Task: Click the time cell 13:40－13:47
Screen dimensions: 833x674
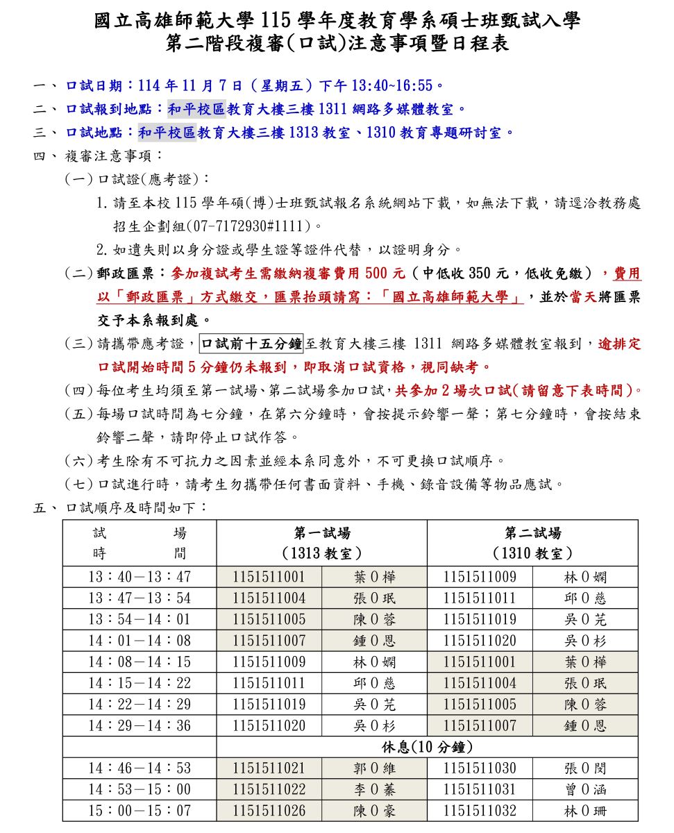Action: point(139,577)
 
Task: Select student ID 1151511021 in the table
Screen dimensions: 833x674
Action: point(269,768)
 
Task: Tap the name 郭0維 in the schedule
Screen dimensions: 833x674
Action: point(374,768)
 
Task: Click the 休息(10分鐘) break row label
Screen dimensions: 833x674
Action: point(427,748)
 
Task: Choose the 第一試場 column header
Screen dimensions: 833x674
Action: point(321,533)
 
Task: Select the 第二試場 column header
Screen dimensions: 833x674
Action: point(532,533)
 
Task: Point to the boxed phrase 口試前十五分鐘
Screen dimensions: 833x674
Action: point(251,343)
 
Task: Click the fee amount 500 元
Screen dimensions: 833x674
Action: point(385,273)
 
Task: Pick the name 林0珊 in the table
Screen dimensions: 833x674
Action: point(585,811)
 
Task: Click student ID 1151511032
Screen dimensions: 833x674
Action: point(480,811)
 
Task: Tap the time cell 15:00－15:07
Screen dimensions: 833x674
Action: point(139,811)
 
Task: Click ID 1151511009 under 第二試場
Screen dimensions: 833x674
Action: point(480,577)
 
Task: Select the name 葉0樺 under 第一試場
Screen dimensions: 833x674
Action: point(374,577)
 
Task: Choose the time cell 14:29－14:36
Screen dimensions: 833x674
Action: point(139,725)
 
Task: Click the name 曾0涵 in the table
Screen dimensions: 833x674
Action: point(585,789)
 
